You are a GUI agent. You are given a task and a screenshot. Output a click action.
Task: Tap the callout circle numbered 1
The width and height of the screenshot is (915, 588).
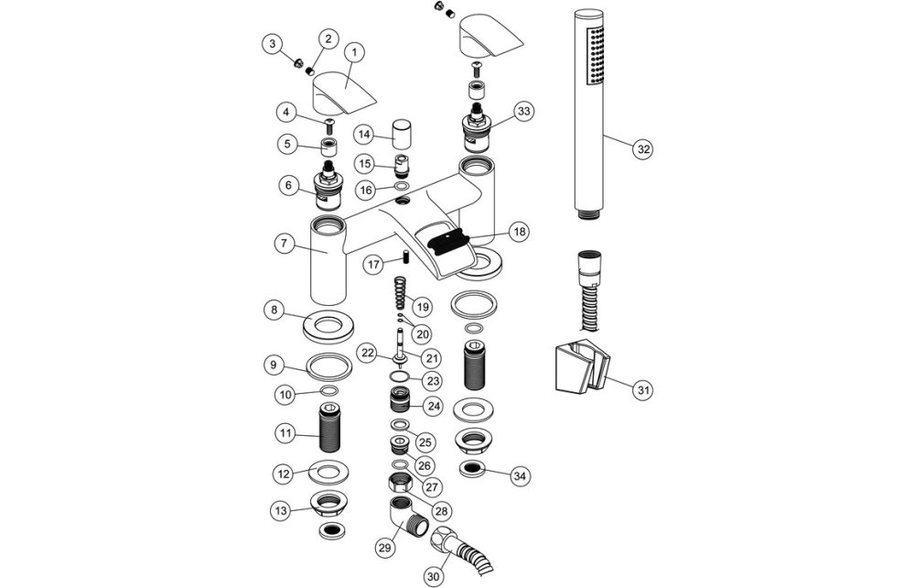click(354, 53)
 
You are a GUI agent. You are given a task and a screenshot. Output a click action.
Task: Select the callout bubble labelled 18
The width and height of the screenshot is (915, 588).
click(520, 234)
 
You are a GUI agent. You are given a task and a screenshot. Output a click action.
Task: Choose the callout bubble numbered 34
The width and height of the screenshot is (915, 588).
click(520, 475)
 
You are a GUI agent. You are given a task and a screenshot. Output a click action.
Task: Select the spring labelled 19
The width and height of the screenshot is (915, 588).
click(397, 299)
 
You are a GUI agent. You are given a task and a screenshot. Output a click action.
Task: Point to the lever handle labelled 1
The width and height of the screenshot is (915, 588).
click(339, 92)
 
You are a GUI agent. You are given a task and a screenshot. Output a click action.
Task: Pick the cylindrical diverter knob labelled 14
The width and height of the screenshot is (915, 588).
click(401, 135)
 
